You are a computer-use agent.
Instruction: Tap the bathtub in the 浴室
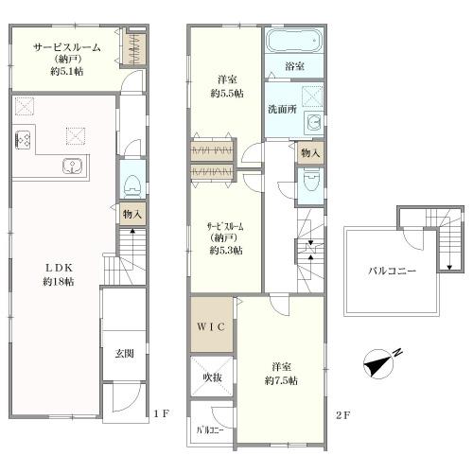coord(294,41)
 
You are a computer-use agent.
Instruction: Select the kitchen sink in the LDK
coord(73,166)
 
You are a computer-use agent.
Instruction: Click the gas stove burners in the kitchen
coord(23,140)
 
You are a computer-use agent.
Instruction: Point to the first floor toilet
coord(132,186)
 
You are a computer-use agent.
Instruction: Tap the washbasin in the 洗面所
coord(314,121)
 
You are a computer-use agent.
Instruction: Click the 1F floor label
coord(162,413)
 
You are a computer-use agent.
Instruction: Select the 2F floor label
coord(342,415)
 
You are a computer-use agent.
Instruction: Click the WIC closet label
coord(211,326)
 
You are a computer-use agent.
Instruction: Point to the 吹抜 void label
coord(212,377)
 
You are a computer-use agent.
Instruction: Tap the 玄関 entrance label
coord(124,354)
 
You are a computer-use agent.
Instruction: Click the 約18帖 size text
coord(59,282)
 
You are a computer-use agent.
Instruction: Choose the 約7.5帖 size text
coord(281,381)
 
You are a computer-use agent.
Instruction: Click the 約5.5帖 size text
coord(227,94)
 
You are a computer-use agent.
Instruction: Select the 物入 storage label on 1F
coord(132,215)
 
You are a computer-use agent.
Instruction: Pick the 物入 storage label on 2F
coord(310,153)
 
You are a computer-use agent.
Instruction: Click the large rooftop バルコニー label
coord(393,271)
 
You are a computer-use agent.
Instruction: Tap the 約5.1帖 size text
coord(67,71)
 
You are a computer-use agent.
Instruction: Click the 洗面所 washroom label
coord(282,109)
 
